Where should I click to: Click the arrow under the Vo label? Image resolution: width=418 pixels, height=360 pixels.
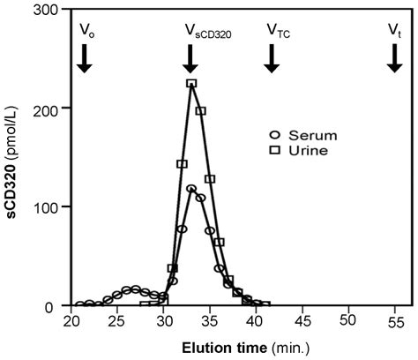click(x=84, y=57)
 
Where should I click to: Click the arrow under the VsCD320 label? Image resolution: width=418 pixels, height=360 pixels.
click(x=190, y=57)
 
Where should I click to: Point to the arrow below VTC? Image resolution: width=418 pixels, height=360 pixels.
click(x=272, y=57)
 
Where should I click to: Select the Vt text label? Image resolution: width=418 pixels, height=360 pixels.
click(x=393, y=30)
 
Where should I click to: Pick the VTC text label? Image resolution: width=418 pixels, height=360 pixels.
click(x=279, y=31)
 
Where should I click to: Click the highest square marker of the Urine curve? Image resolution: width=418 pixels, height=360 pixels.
click(x=191, y=84)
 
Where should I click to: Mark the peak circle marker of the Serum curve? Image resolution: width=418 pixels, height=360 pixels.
click(x=191, y=188)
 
